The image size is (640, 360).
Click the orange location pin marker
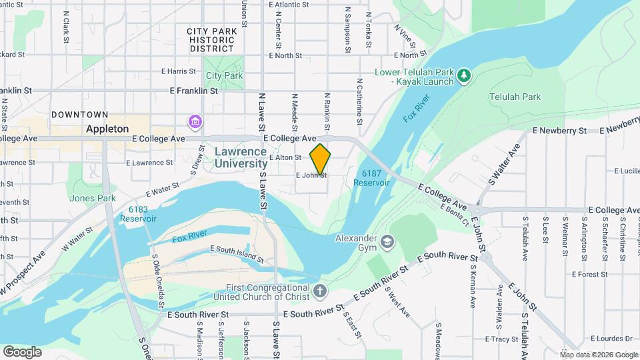point(320,159)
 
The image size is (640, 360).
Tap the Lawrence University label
point(241,157)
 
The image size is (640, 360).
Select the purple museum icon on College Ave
point(195,122)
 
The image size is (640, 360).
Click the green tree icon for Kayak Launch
point(465,77)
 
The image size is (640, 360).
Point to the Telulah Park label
point(515,97)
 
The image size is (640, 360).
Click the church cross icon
point(320,291)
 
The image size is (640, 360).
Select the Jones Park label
point(92,198)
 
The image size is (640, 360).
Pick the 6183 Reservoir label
point(143,213)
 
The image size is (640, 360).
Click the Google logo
point(22,351)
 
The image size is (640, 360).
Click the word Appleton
point(107,129)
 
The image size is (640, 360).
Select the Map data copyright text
point(599,354)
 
